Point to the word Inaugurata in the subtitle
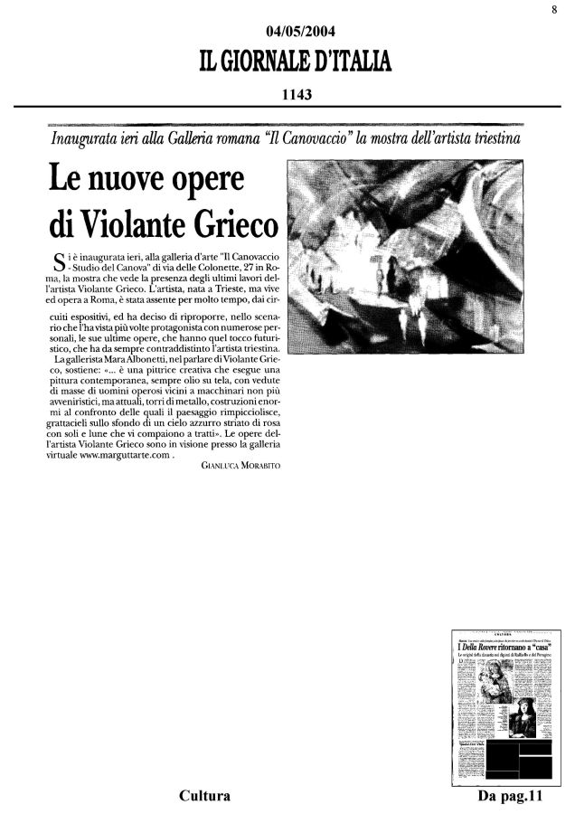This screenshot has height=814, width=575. click(x=89, y=141)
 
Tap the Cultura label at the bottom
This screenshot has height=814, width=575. click(x=203, y=796)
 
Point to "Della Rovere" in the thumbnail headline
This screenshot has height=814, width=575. click(x=478, y=650)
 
